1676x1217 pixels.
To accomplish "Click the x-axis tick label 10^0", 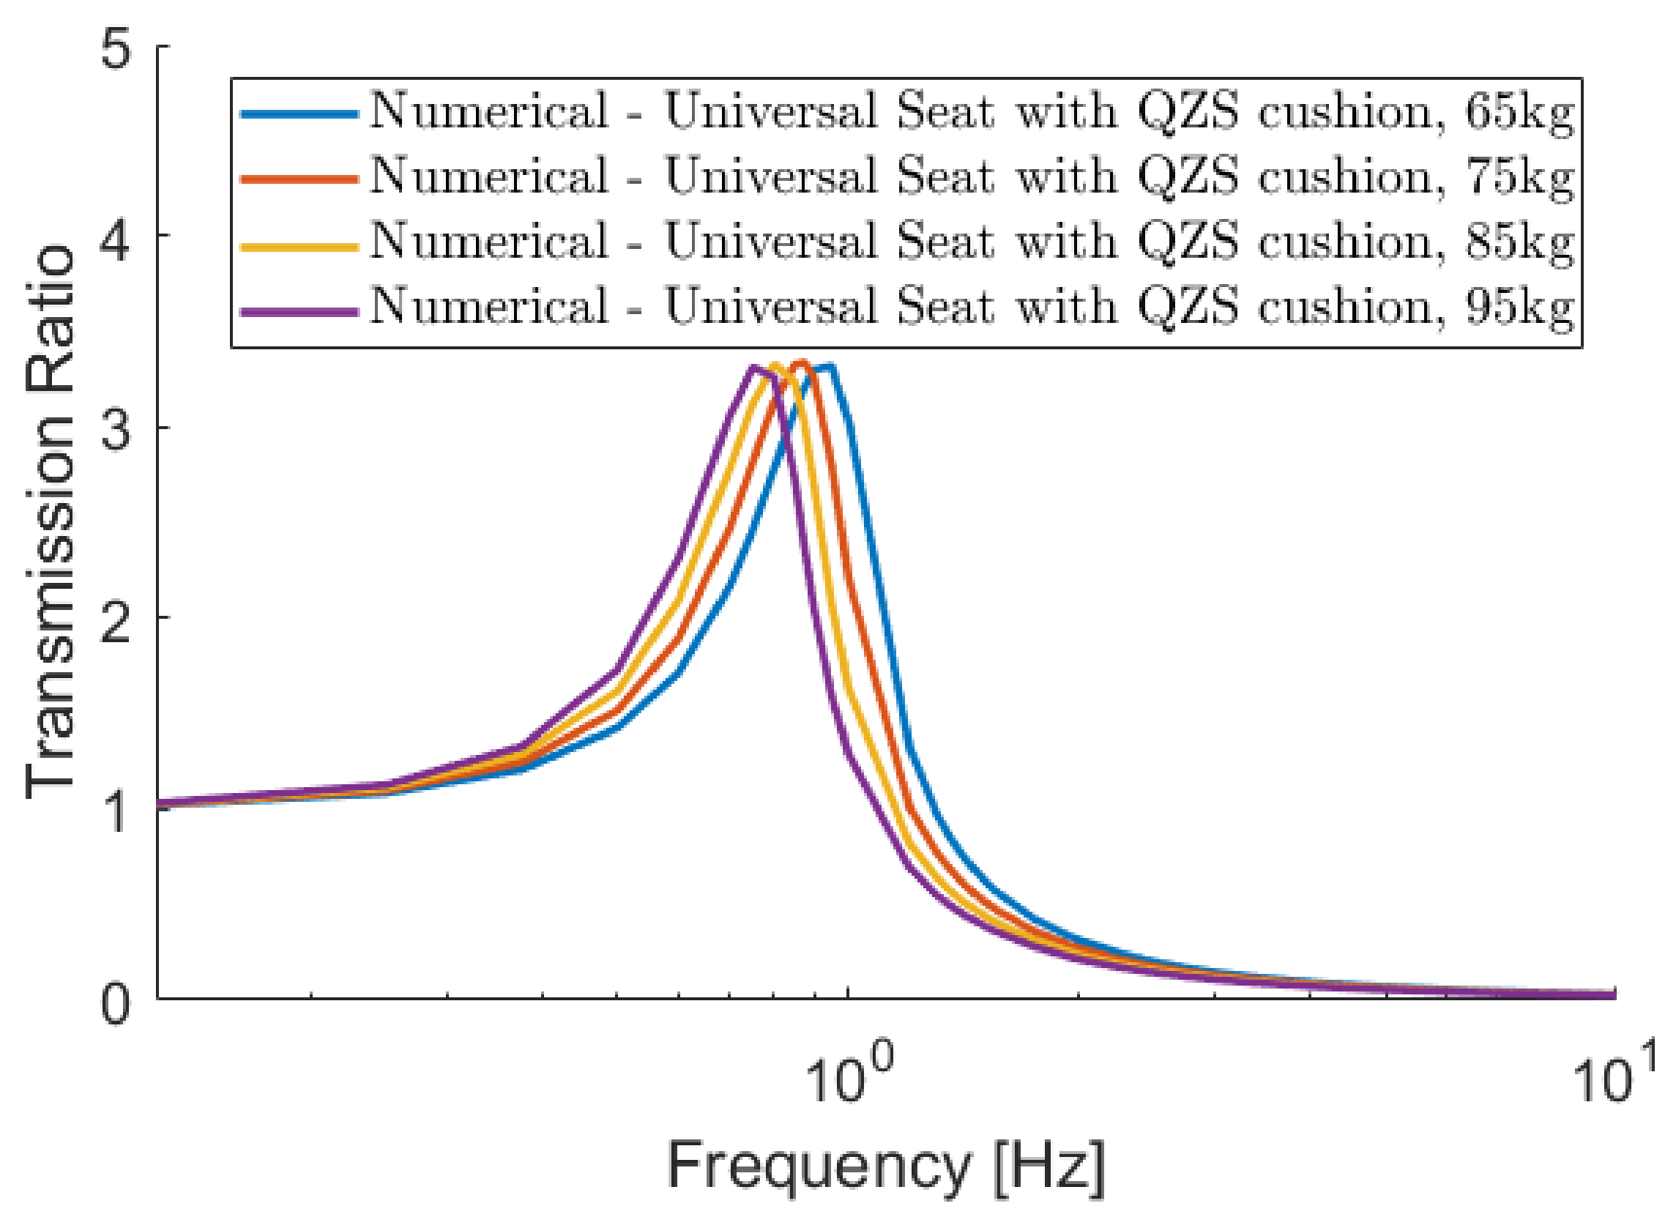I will point(848,1075).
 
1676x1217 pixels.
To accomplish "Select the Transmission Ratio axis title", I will point(51,521).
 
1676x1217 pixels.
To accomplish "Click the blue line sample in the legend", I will point(299,113).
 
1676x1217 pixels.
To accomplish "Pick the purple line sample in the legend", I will point(299,312).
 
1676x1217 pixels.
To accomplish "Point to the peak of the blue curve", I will point(830,366).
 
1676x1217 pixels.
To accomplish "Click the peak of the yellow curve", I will point(776,365).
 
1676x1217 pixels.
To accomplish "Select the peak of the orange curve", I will point(802,362).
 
